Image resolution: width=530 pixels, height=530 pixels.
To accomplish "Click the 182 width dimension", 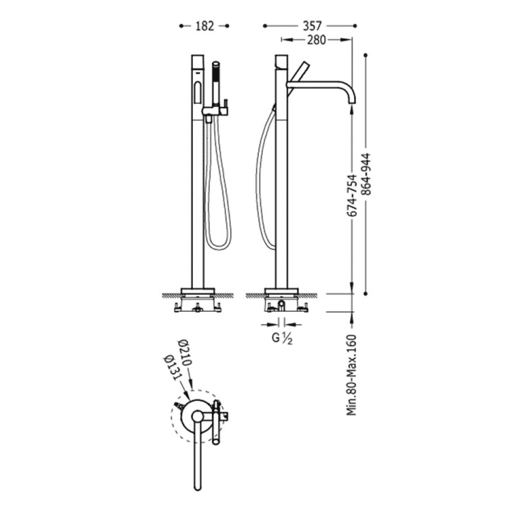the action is point(205,26).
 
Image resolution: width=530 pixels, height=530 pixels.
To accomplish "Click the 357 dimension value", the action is point(312,26).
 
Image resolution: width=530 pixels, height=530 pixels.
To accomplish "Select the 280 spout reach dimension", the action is point(317,40).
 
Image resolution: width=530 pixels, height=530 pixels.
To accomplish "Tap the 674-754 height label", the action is point(353,196).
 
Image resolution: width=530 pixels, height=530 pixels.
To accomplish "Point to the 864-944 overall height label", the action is point(366,175).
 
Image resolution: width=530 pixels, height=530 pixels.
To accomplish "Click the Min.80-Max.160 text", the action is point(352,375).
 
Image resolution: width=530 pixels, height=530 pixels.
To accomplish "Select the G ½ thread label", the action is point(282,338).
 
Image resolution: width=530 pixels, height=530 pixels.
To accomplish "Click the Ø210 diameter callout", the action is point(185,352).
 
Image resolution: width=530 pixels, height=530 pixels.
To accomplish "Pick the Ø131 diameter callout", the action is point(171,367).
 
